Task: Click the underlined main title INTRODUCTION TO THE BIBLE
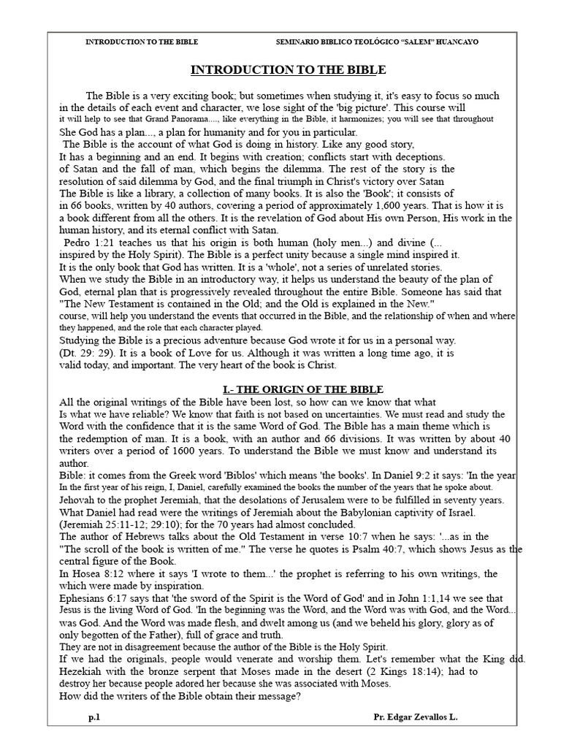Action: click(287, 70)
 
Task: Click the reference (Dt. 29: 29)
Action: click(87, 353)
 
